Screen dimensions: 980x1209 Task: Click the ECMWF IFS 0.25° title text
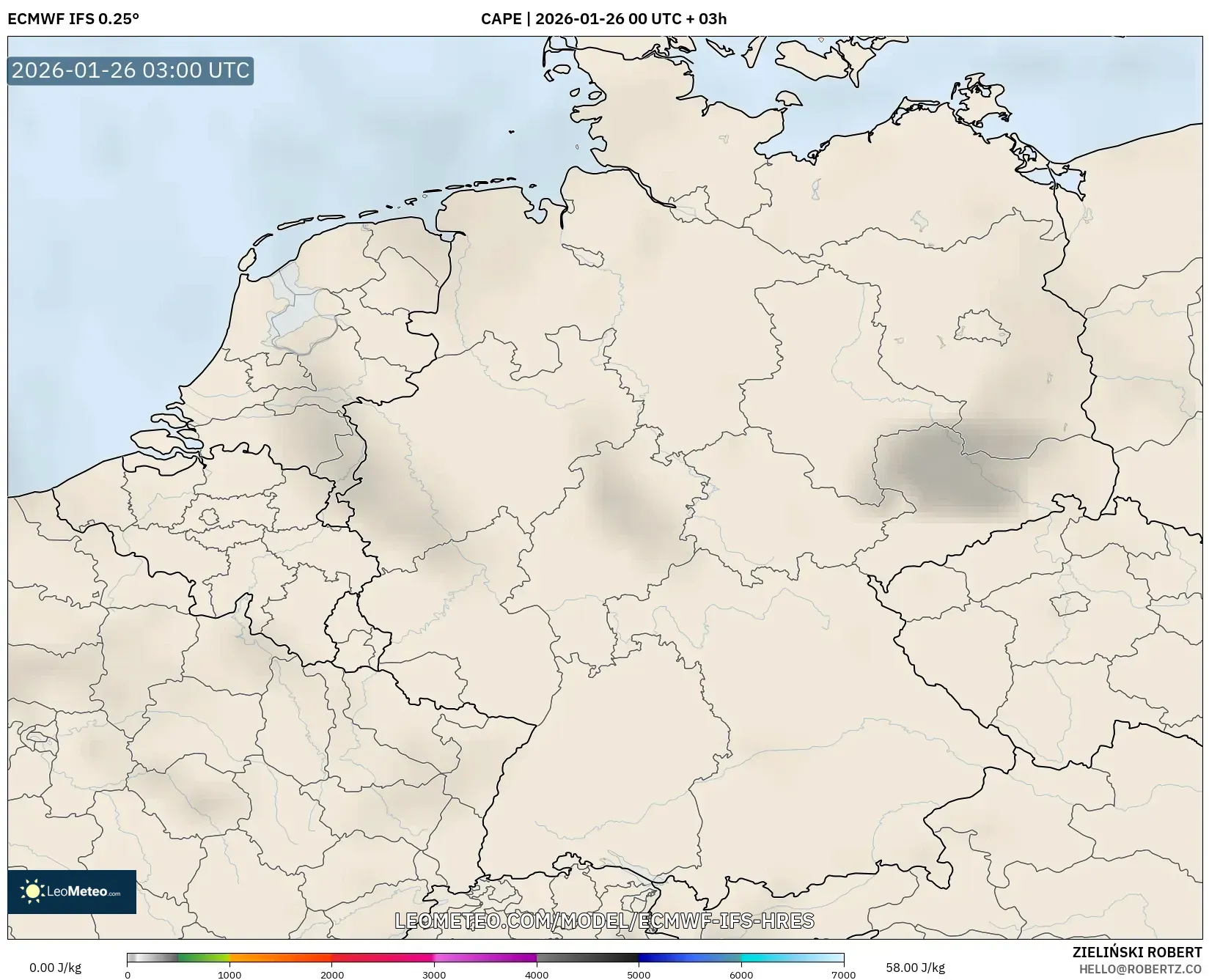point(73,19)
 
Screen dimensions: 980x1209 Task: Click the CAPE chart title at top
point(603,19)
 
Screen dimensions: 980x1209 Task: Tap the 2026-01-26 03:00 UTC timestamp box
point(131,70)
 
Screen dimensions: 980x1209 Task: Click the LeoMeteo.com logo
point(72,891)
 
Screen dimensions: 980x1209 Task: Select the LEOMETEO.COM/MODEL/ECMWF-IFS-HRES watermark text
point(604,921)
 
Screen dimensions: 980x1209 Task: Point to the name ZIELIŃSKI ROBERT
point(1137,952)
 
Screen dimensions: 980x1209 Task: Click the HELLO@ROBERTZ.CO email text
point(1140,969)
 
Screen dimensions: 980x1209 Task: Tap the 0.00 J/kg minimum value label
point(55,968)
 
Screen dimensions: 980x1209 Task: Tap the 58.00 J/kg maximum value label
point(915,968)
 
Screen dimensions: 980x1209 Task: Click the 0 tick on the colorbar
point(128,975)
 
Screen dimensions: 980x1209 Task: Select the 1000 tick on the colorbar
point(229,975)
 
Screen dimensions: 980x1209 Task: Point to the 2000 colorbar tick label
point(332,975)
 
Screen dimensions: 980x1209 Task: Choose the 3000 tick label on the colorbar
point(434,975)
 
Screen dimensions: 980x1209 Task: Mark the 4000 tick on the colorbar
point(537,975)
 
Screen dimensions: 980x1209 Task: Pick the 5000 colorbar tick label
point(639,975)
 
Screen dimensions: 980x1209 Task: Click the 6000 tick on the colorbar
point(741,975)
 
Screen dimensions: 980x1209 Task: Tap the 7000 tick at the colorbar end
point(843,975)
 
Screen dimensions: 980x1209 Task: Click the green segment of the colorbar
point(202,957)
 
